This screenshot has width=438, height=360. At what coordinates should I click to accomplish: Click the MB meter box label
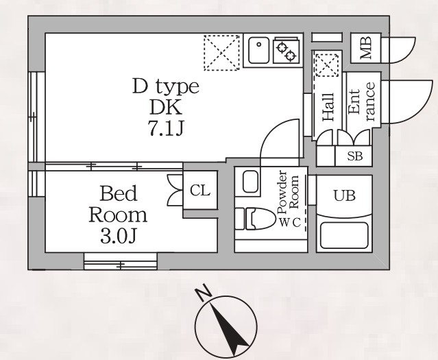tap(366, 48)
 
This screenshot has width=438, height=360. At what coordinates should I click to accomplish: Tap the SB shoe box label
tap(355, 156)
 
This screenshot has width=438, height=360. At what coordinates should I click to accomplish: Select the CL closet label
tap(199, 191)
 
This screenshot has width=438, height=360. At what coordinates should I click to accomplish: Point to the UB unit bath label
tap(344, 195)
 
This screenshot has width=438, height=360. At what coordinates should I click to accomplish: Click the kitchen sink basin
tap(258, 50)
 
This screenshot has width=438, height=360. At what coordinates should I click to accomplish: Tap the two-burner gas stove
tap(287, 50)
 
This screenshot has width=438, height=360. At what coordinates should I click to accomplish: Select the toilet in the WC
tap(255, 219)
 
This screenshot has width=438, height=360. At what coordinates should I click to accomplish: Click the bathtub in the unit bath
tap(344, 235)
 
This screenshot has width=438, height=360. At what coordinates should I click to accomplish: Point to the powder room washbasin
tap(250, 182)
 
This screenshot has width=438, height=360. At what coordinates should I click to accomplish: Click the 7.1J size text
tap(166, 129)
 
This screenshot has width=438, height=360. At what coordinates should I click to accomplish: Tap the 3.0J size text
tap(119, 237)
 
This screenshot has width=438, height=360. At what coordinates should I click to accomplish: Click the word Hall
tap(328, 107)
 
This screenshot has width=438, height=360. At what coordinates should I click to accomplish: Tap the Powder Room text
tap(288, 192)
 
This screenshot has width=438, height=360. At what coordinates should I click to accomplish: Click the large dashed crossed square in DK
tap(222, 53)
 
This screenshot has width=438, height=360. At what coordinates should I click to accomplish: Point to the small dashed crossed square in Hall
tap(327, 65)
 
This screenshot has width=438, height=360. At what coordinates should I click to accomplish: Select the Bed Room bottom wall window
tap(121, 261)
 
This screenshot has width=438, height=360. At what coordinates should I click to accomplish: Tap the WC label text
tap(290, 223)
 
